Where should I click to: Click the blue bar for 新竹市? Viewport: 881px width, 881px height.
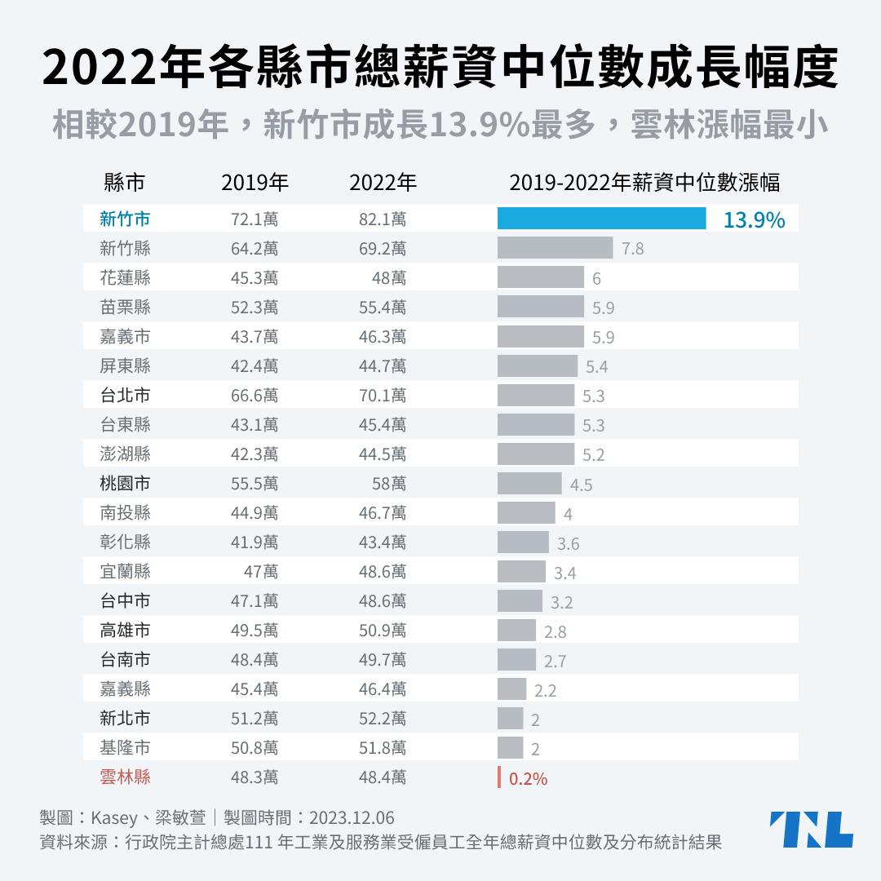click(x=601, y=219)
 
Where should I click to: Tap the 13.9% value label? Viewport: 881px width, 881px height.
click(x=754, y=219)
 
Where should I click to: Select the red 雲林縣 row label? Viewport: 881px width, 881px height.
click(x=125, y=777)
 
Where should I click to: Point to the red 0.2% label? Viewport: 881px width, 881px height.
click(x=528, y=779)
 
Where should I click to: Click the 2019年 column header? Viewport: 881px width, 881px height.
click(x=255, y=183)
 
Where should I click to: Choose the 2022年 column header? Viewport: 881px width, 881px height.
click(x=383, y=183)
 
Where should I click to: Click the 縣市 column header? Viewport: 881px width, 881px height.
click(x=125, y=183)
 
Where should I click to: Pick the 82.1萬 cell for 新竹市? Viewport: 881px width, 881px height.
click(x=383, y=219)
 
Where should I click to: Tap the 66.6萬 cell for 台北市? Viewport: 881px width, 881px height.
click(x=255, y=396)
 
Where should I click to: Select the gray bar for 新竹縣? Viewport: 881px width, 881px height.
click(x=555, y=248)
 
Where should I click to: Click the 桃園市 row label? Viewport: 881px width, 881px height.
click(x=125, y=484)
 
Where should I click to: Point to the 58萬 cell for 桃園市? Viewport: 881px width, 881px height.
click(x=389, y=484)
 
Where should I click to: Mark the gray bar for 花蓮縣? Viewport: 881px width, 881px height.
click(x=540, y=277)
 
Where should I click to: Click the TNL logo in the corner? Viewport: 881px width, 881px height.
click(x=811, y=830)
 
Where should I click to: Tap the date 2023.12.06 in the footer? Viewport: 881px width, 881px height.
click(x=351, y=817)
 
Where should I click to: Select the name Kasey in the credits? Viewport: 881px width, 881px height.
click(x=113, y=817)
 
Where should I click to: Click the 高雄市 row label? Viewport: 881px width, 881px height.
click(x=125, y=631)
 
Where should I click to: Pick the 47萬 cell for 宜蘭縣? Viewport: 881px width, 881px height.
click(x=261, y=572)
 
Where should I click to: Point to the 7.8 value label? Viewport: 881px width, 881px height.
click(x=632, y=249)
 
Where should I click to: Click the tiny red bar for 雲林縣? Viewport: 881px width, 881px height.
click(x=499, y=777)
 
